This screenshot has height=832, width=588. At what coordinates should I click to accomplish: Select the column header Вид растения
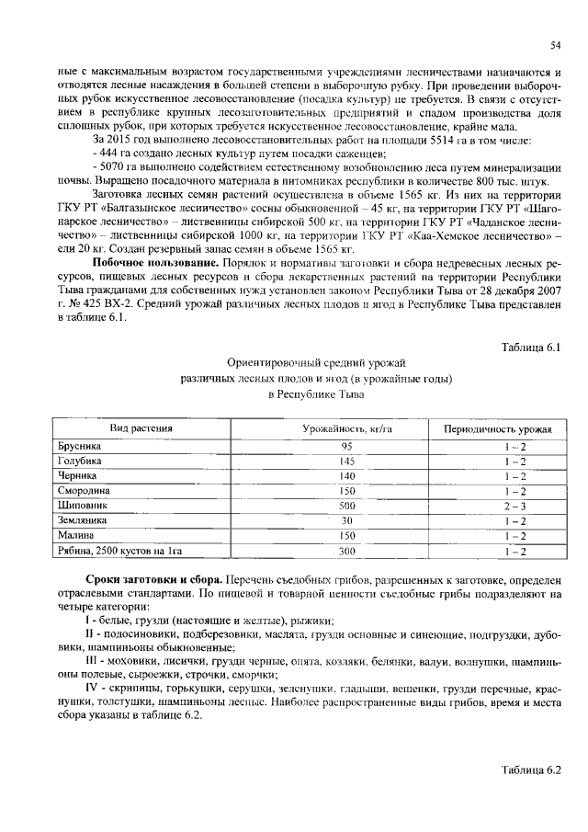(x=141, y=429)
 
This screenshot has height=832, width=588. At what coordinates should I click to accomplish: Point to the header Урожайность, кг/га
(x=347, y=429)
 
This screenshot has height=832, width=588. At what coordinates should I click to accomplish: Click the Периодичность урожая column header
(x=497, y=429)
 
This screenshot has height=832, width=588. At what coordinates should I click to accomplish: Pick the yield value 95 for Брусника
(x=347, y=446)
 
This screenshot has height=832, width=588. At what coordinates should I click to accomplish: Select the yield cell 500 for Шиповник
(x=347, y=506)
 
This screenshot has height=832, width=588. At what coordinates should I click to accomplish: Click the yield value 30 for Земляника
(x=347, y=520)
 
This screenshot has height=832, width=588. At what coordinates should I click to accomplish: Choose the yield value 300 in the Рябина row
(x=347, y=551)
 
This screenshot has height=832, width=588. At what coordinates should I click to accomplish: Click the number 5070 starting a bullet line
(x=112, y=168)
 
